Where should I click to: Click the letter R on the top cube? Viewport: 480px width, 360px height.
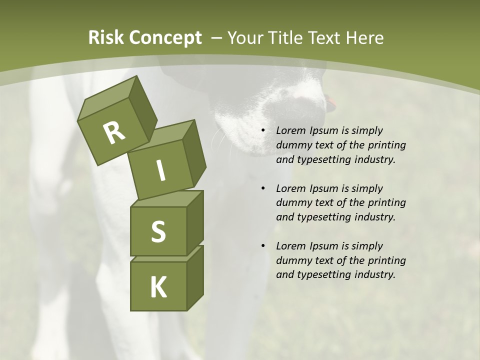[114, 133]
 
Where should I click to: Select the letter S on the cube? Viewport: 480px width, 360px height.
[158, 231]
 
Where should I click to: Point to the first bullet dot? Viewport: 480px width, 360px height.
[263, 131]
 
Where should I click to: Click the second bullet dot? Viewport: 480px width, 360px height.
[263, 189]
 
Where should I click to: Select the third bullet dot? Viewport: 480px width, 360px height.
[263, 246]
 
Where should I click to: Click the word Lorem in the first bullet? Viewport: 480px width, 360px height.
[290, 130]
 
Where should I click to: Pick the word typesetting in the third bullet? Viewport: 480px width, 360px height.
[323, 275]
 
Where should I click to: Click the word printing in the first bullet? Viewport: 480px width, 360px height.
[386, 145]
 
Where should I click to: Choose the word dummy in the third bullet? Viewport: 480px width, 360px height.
[292, 260]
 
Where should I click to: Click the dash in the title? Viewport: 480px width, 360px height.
[216, 38]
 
